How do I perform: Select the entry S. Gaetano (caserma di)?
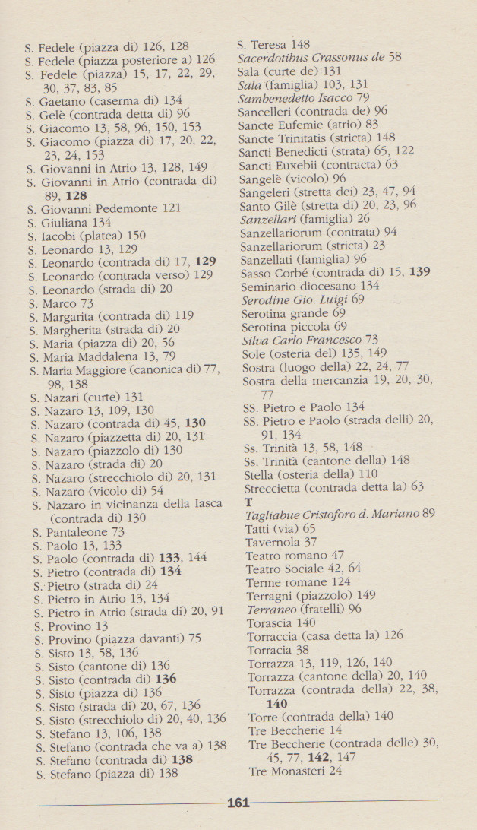click(x=103, y=100)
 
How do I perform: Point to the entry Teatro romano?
click(x=295, y=556)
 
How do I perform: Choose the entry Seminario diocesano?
click(x=310, y=285)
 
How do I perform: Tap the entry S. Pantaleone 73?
click(x=79, y=532)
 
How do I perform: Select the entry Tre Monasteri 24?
click(x=295, y=770)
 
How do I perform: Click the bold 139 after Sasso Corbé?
click(x=419, y=271)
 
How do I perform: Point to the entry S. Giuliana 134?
click(x=69, y=222)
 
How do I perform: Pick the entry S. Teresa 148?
click(x=274, y=44)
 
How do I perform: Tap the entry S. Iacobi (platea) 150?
click(x=87, y=236)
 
